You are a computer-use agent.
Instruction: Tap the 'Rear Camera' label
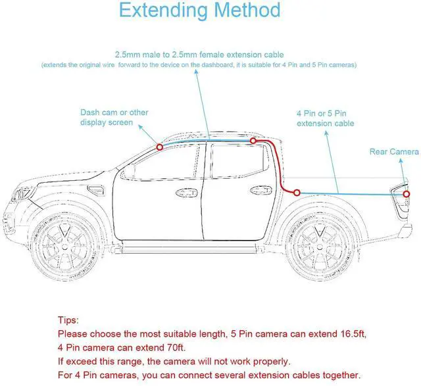tap(393, 152)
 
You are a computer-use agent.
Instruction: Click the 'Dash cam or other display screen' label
tap(114, 117)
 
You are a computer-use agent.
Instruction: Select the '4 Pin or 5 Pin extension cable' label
tap(325, 118)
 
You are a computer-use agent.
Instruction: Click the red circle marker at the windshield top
tap(160, 147)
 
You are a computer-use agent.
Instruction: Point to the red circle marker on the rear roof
tap(253, 141)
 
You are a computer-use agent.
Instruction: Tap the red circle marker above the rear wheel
tap(297, 193)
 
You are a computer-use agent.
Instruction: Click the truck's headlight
tap(20, 195)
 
